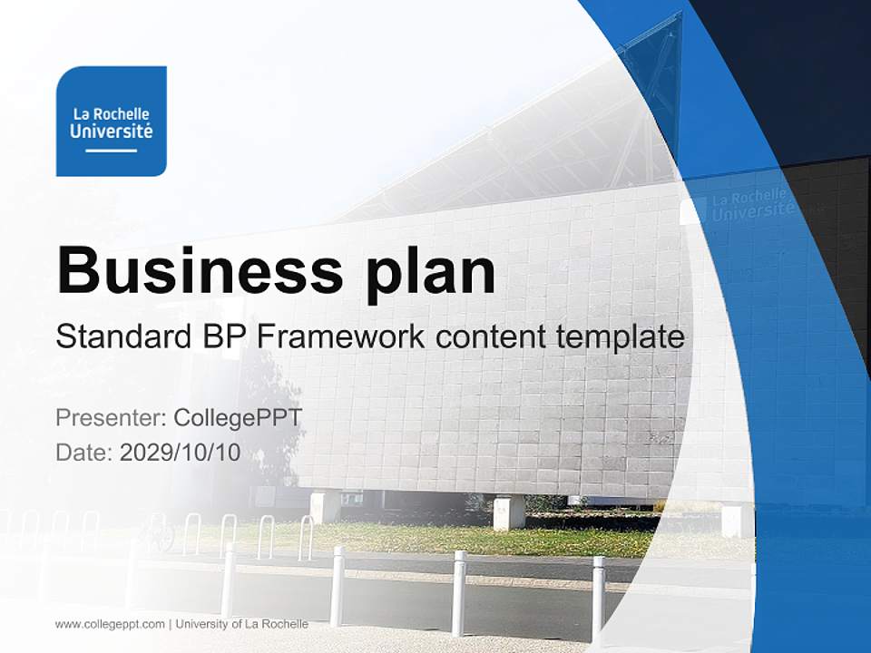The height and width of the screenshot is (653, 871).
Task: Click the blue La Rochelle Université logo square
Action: coord(111,121)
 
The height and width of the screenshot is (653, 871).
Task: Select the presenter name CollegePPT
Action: coord(237,418)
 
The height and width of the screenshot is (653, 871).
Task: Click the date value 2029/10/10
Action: coord(180,453)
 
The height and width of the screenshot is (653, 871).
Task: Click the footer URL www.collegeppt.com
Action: coord(110,624)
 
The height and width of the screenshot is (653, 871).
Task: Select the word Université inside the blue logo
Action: coord(111,131)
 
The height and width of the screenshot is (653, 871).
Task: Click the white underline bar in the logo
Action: coord(111,150)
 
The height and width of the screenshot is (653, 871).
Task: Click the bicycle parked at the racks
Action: coord(159,533)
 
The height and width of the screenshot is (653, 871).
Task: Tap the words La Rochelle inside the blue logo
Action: coord(111,114)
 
